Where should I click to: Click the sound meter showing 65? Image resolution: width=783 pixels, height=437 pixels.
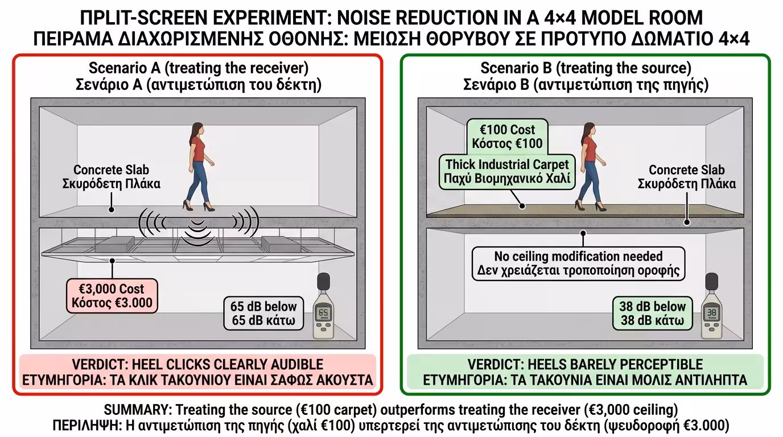[x=323, y=309]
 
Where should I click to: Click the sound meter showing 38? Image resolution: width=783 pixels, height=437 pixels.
[x=711, y=307]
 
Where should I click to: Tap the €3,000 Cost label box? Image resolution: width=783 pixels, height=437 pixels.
[x=112, y=295]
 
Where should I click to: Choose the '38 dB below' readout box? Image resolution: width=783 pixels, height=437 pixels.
[x=652, y=313]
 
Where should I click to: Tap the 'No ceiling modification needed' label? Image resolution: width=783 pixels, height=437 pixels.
[x=578, y=263]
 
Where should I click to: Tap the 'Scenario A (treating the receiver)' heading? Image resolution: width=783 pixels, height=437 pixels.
[x=199, y=76]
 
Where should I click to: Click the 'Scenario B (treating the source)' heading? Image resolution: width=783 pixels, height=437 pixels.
[x=586, y=76]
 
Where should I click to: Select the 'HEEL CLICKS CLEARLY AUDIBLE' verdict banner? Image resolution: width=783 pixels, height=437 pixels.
[x=197, y=372]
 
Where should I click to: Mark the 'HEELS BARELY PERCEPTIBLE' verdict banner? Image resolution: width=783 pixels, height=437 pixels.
[x=585, y=372]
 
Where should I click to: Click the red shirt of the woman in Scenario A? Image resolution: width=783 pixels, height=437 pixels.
[x=197, y=149]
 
